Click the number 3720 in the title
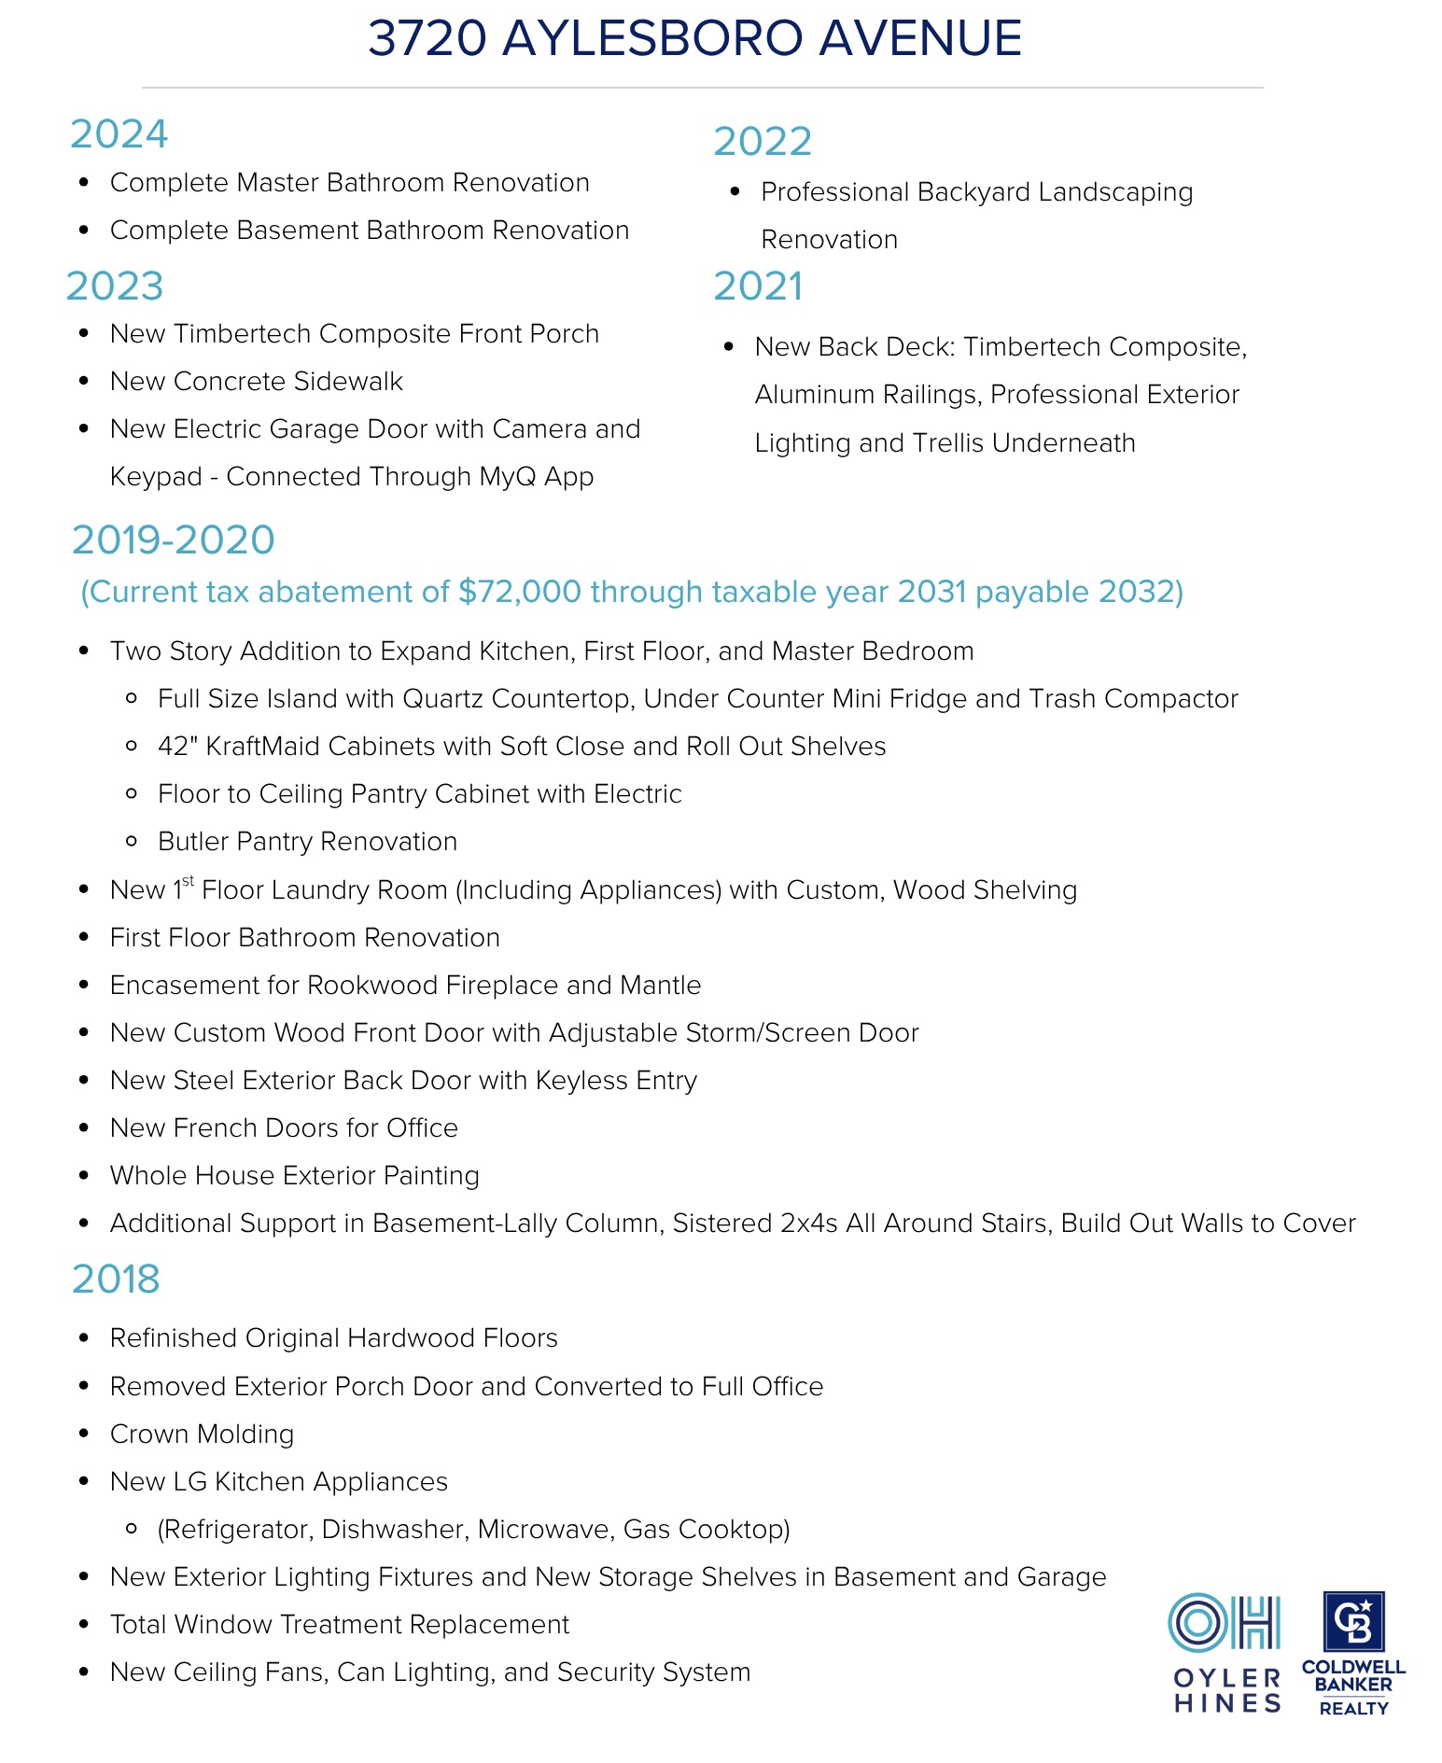(427, 39)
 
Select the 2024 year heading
(119, 134)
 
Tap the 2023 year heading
(115, 287)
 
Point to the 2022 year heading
(763, 142)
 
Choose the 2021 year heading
(758, 287)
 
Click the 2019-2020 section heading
(174, 540)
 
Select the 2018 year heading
(116, 1280)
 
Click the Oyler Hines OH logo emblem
(1224, 1623)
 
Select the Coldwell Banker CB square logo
(1353, 1622)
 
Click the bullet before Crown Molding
(84, 1434)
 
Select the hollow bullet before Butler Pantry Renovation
(132, 842)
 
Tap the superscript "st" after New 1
(189, 880)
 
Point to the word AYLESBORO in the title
(651, 39)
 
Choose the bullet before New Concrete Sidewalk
(84, 381)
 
